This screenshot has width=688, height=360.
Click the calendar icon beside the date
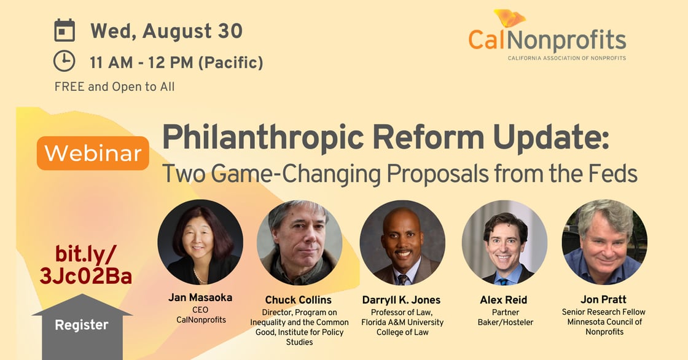[64, 30]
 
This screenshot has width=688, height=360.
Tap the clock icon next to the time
[64, 61]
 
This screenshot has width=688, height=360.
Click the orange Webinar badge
[93, 153]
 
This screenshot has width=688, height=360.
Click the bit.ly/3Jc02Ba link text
[85, 265]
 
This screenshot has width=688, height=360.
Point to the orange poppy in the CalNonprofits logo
[509, 18]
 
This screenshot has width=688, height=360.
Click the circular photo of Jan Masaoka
[200, 242]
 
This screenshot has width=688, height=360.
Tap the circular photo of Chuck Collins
[299, 243]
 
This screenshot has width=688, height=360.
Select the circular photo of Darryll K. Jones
[402, 243]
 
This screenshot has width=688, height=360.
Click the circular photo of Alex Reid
[504, 243]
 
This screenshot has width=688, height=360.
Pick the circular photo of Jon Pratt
[604, 242]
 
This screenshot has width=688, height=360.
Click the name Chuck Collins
[299, 300]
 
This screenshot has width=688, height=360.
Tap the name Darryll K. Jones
[401, 300]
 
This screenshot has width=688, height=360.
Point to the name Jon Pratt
[603, 299]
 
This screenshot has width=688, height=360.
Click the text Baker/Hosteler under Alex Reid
[506, 323]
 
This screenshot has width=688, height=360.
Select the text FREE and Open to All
[114, 87]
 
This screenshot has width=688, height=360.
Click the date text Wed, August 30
[166, 31]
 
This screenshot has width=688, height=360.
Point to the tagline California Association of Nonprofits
[567, 58]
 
